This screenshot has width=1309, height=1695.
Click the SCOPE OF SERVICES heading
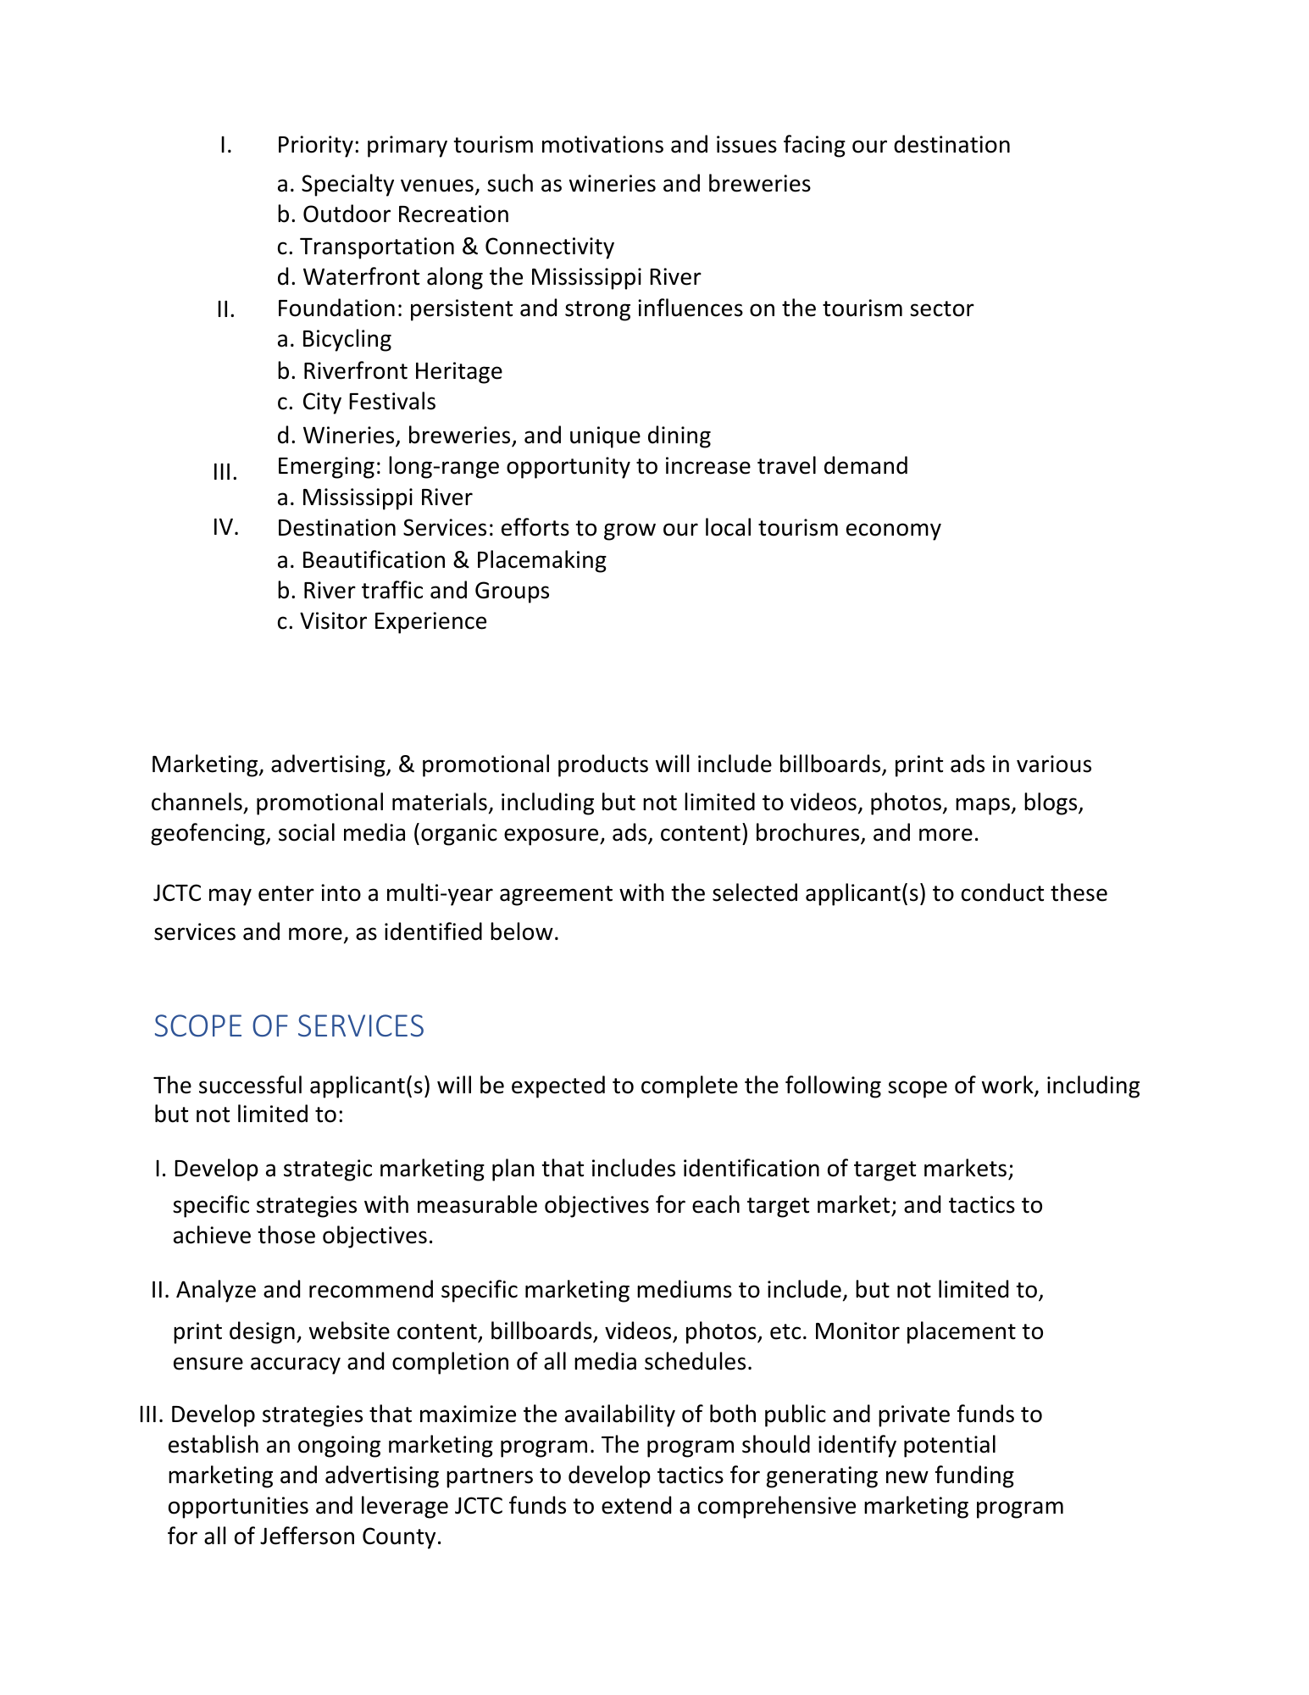(288, 1026)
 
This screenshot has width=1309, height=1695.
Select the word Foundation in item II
(340, 308)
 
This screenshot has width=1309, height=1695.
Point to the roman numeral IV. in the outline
(225, 527)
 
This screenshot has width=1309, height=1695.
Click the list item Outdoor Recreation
(405, 214)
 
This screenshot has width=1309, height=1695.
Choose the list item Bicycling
(346, 339)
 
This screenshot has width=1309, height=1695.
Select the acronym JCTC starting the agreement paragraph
(177, 893)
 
